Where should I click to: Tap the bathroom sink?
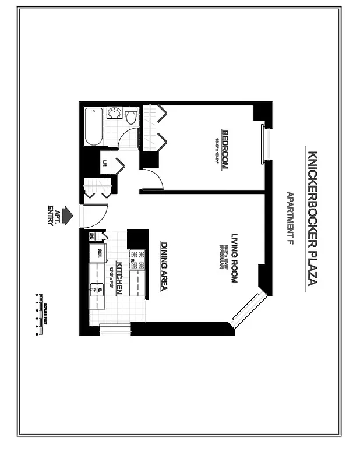[115, 113]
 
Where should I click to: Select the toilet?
[130, 116]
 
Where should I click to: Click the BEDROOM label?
[224, 148]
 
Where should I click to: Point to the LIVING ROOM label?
[234, 257]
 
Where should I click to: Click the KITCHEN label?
[119, 277]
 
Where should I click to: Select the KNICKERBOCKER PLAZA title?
[311, 218]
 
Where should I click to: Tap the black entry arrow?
[68, 215]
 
